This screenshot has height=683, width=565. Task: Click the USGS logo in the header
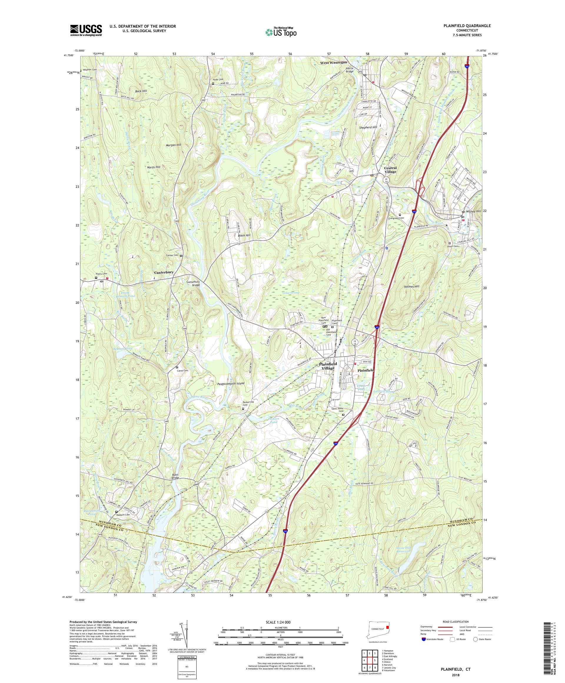point(86,31)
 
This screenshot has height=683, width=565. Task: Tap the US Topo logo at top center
point(281,32)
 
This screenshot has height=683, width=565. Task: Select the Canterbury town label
point(164,272)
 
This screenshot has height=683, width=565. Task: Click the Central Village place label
point(390,170)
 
